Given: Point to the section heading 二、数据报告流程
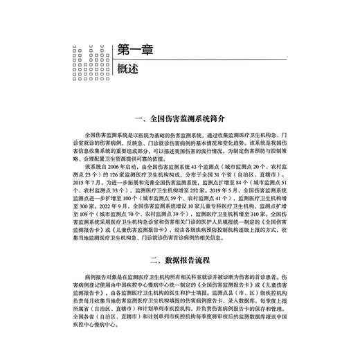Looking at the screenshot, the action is pos(179,260).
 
